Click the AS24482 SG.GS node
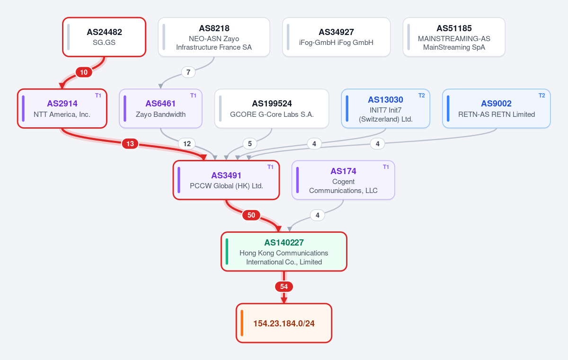point(104,37)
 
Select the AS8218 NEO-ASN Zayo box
point(214,37)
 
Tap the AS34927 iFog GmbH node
point(336,37)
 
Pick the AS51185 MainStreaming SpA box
point(454,37)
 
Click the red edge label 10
point(84,72)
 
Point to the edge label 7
point(188,72)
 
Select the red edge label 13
point(130,144)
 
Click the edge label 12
point(187,144)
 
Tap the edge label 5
point(250,144)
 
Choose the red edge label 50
point(251,215)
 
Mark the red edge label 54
point(284,287)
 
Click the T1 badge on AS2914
point(98,96)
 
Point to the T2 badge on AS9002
point(541,96)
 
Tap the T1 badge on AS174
point(386,167)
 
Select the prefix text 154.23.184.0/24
point(284,323)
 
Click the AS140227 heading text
point(284,243)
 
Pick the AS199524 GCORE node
point(272,108)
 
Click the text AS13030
point(385,99)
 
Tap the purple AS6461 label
point(160,103)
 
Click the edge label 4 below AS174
point(317,215)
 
